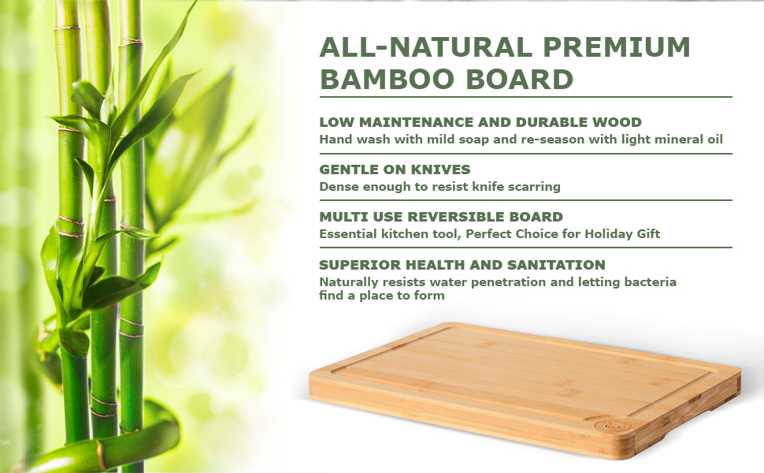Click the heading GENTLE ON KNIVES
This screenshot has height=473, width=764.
coord(395,169)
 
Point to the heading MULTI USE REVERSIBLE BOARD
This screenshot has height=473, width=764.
coord(440,217)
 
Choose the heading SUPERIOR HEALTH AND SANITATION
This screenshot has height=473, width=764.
coord(462,265)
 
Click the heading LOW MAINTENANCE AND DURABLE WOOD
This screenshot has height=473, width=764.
coord(480,122)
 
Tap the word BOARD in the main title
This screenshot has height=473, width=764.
coord(518,80)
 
